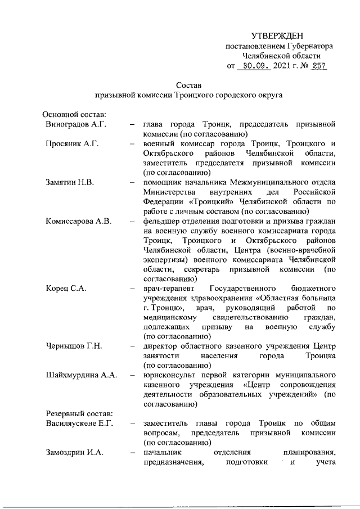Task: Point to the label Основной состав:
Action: (70, 114)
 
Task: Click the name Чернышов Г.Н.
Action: (73, 345)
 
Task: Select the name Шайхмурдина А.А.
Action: (81, 375)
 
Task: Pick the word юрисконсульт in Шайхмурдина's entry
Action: (169, 375)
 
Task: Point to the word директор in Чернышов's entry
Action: (160, 345)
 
